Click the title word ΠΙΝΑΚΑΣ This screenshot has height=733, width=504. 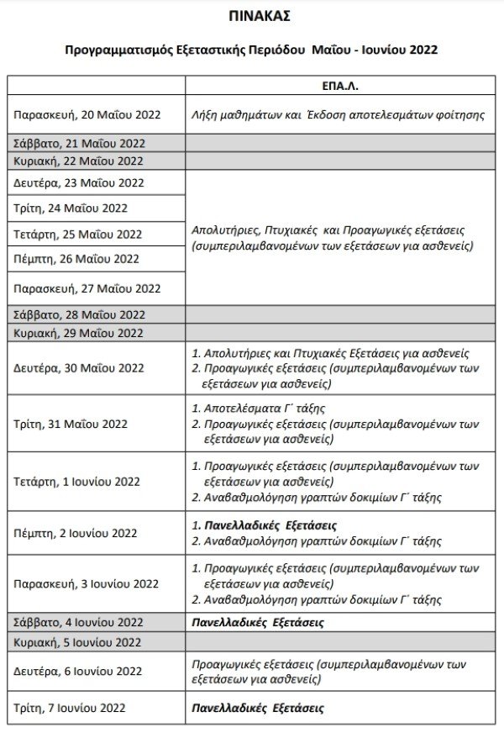click(252, 16)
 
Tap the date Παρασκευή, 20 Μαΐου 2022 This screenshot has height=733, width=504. click(87, 113)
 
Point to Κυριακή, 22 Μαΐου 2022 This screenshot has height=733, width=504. click(78, 161)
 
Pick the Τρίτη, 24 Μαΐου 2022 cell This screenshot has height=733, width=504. click(71, 208)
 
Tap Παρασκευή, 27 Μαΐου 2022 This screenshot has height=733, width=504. click(87, 288)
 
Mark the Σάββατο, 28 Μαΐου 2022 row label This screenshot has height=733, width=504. click(79, 314)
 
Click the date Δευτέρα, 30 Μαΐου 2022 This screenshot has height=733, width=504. click(79, 368)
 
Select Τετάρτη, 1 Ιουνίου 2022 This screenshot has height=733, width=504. click(77, 482)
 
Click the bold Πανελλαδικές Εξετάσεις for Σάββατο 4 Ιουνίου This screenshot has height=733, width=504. click(258, 623)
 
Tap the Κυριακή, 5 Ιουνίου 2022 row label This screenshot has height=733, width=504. click(77, 643)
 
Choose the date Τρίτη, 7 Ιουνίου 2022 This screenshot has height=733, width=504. click(70, 708)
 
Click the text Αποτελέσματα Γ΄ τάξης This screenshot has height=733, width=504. click(265, 408)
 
